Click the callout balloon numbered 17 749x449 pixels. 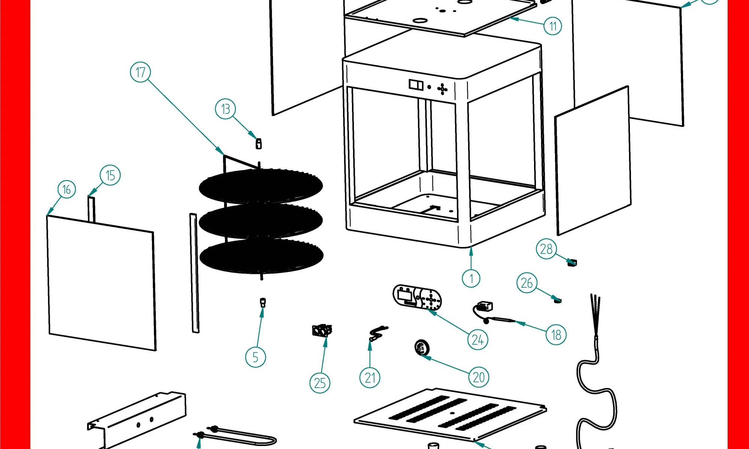pyautogui.click(x=140, y=72)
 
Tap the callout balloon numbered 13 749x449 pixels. pyautogui.click(x=225, y=109)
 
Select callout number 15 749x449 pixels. pyautogui.click(x=110, y=175)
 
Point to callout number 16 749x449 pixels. pyautogui.click(x=67, y=189)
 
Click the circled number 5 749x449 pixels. pyautogui.click(x=255, y=357)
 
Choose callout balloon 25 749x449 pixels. pyautogui.click(x=320, y=383)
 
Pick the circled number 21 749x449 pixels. pyautogui.click(x=370, y=378)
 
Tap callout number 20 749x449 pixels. pyautogui.click(x=479, y=377)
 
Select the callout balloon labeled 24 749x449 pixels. pyautogui.click(x=477, y=340)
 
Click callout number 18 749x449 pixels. pyautogui.click(x=556, y=335)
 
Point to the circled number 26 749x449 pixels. pyautogui.click(x=527, y=283)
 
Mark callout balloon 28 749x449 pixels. pyautogui.click(x=546, y=249)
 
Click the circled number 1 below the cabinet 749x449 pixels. pyautogui.click(x=471, y=278)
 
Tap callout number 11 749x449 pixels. pyautogui.click(x=553, y=26)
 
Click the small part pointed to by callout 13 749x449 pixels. pyautogui.click(x=258, y=144)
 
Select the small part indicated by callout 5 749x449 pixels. pyautogui.click(x=263, y=302)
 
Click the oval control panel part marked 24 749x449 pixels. pyautogui.click(x=417, y=297)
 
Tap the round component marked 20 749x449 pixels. pyautogui.click(x=422, y=347)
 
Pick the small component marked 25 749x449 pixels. pyautogui.click(x=322, y=331)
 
